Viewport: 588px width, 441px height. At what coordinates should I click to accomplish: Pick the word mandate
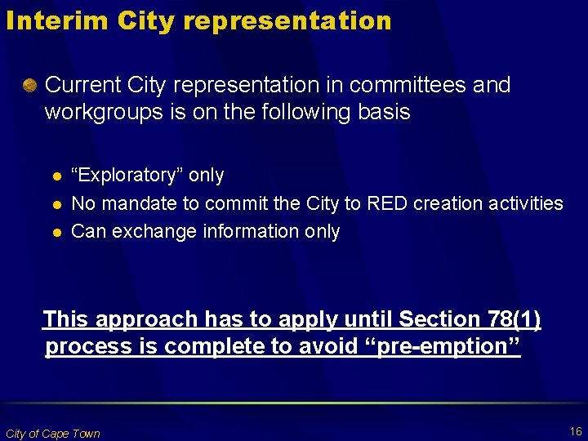coord(137,203)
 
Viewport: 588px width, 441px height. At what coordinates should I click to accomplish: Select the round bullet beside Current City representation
coord(30,85)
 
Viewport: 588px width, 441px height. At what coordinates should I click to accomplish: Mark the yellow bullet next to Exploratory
coord(56,176)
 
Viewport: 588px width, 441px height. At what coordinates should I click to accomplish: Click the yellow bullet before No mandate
coord(56,204)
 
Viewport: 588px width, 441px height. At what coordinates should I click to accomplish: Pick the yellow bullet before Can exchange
coord(56,232)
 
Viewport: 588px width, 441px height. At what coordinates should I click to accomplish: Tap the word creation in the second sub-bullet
coord(448,203)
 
